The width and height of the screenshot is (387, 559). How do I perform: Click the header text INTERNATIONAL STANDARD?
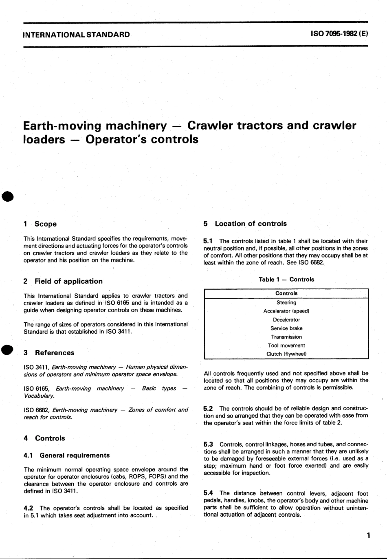pos(77,35)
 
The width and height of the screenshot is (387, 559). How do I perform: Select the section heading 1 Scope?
pos(40,224)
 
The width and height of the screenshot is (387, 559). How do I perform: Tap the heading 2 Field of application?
pos(63,281)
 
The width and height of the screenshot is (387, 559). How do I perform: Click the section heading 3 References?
pos(49,353)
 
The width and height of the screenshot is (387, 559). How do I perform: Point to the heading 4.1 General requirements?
pos(67,455)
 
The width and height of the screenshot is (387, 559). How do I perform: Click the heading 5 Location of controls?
pos(245,224)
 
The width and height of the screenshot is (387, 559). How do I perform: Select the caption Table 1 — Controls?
pos(286,279)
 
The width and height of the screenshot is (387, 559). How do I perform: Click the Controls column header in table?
pos(286,293)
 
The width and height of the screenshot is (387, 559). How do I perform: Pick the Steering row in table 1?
pos(286,303)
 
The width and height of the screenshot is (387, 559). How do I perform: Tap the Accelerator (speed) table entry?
pos(286,311)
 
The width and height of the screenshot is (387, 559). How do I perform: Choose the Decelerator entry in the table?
pos(286,320)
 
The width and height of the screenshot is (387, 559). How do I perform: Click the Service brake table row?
pos(286,328)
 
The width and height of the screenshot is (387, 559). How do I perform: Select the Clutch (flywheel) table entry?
pos(286,354)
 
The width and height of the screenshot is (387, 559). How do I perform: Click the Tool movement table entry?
pos(286,346)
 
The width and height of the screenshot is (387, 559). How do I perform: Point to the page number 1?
pos(368,535)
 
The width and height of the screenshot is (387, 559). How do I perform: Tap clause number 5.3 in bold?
pos(208,444)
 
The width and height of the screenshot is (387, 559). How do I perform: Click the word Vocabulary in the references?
pos(39,396)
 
